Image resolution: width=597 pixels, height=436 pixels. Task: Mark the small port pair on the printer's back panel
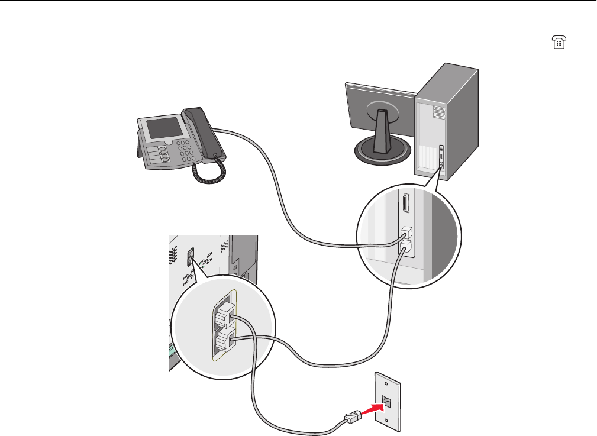[191, 256]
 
